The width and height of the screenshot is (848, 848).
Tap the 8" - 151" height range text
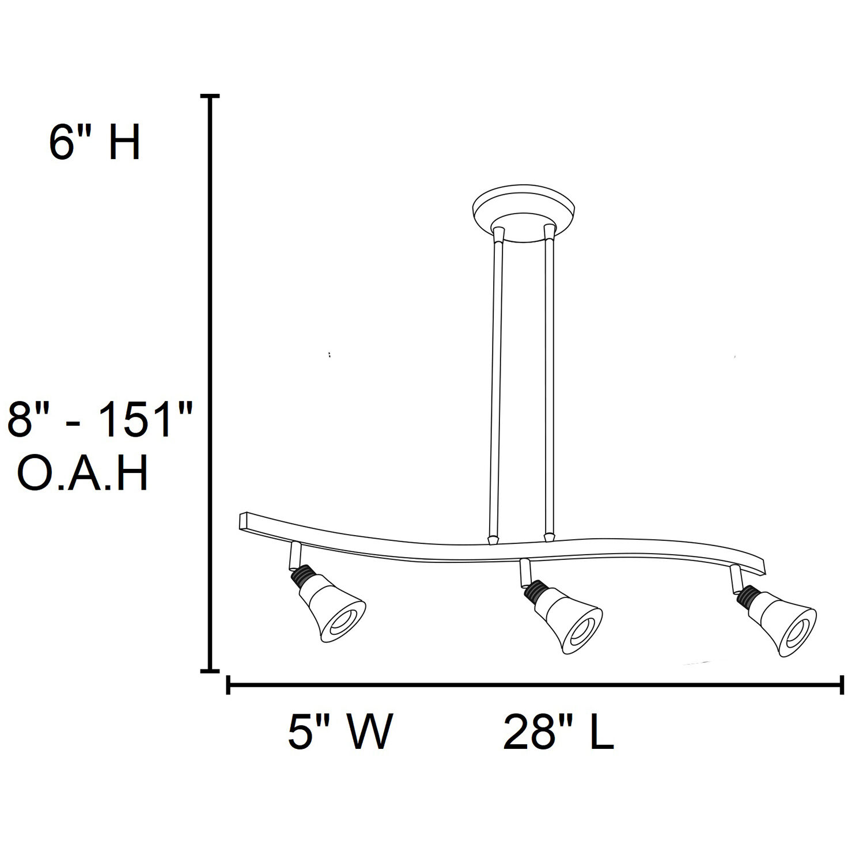98,420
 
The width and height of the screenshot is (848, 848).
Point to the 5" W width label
340,732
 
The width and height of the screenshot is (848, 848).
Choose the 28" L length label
558,732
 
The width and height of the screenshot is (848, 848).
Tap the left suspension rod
495,386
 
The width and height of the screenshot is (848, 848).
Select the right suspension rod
548,386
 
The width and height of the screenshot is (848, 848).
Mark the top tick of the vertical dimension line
211,97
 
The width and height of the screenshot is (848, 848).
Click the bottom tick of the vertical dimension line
211,671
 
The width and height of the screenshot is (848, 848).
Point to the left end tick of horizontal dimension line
229,685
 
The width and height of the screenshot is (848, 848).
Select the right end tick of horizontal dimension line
842,685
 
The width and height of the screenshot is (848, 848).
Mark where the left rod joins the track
492,540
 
